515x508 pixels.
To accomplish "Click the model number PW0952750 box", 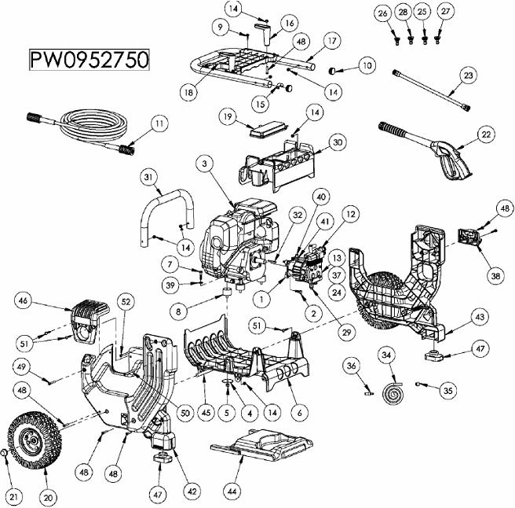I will [88, 61].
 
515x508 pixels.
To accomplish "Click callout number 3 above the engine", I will [205, 164].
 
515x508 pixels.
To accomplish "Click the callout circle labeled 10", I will [366, 68].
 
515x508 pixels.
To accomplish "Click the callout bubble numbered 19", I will [228, 117].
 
